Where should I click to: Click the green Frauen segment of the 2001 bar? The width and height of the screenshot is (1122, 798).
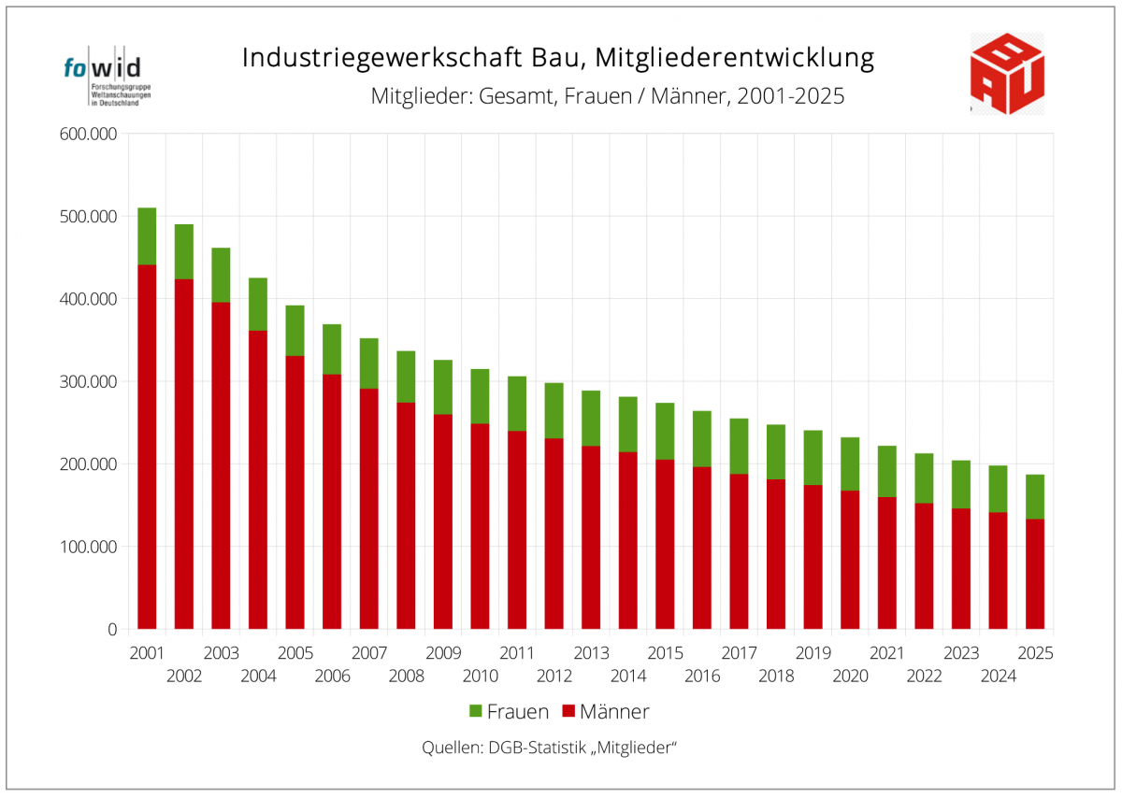click(147, 236)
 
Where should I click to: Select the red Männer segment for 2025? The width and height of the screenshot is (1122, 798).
click(1035, 575)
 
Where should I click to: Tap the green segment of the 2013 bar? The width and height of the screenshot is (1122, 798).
click(591, 419)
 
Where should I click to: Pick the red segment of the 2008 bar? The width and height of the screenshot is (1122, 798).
click(406, 516)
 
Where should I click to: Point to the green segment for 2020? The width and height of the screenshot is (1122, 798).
click(850, 464)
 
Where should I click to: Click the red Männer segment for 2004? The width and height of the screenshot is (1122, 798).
click(258, 480)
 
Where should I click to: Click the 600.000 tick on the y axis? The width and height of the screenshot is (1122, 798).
click(88, 135)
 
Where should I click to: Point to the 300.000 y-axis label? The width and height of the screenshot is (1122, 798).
click(88, 382)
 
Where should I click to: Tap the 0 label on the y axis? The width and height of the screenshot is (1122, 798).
click(112, 630)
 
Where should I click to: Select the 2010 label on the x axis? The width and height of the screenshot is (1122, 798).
click(481, 677)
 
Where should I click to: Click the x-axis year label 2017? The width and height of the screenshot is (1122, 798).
click(740, 653)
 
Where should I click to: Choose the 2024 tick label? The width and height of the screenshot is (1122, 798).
click(999, 677)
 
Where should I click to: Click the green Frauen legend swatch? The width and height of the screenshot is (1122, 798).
click(475, 711)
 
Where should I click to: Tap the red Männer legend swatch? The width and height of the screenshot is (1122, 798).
click(568, 711)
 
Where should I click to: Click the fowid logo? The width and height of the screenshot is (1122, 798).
click(108, 76)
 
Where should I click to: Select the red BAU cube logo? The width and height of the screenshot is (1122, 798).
click(1007, 74)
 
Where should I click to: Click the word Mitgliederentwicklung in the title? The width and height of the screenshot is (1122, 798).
click(735, 58)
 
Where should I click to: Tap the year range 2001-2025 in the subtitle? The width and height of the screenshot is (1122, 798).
click(791, 96)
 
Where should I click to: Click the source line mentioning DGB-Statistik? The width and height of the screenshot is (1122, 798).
click(549, 748)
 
